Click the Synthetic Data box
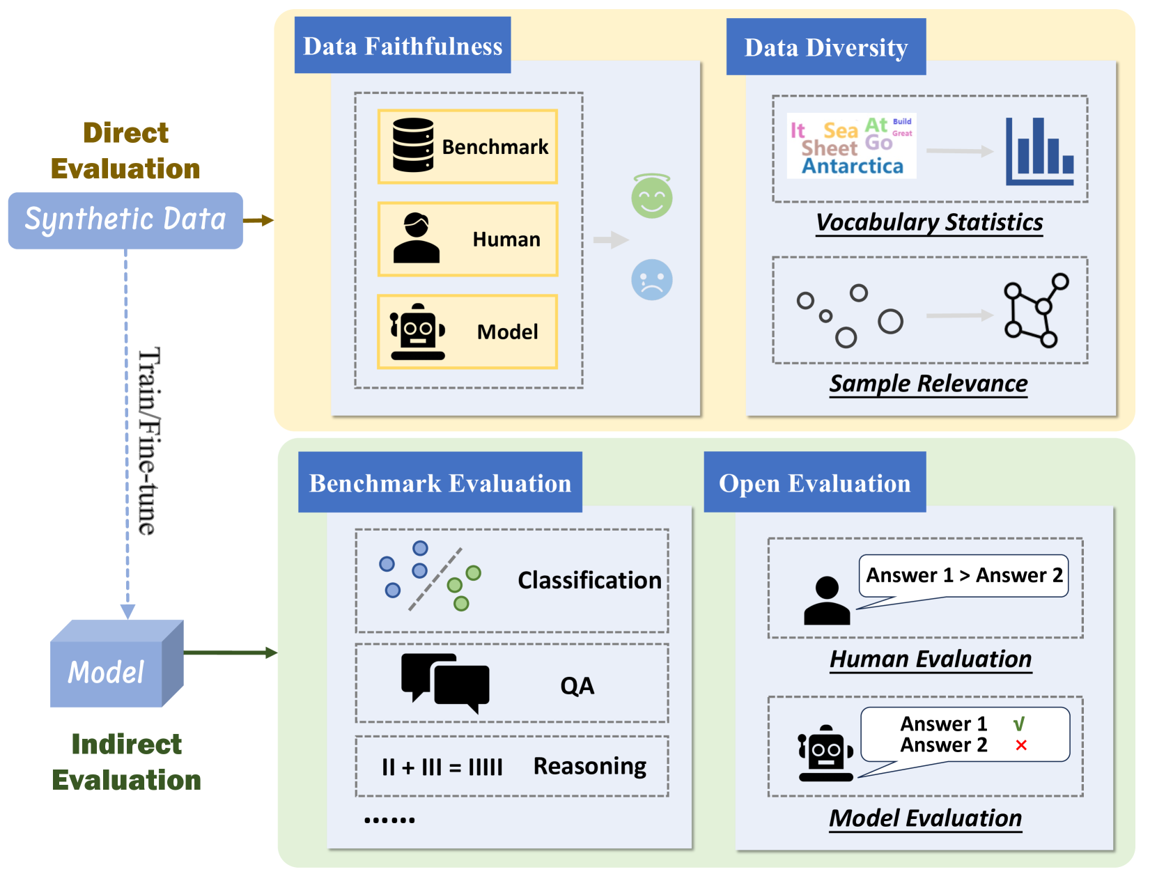tap(125, 220)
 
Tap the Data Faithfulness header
tap(403, 46)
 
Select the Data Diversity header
tap(825, 47)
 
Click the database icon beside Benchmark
tap(413, 145)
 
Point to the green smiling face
tap(651, 197)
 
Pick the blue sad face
tap(651, 280)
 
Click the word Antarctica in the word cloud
tap(852, 166)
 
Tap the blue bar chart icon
tap(1039, 151)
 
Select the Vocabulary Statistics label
tap(929, 222)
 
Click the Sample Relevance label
tap(929, 384)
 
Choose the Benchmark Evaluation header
tap(440, 483)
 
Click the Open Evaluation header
tap(814, 483)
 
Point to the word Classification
tap(589, 580)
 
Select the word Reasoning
tap(589, 766)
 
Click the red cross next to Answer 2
tap(1021, 745)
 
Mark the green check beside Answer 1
tap(1019, 724)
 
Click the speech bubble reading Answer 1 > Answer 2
tap(963, 576)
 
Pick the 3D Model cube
tap(115, 665)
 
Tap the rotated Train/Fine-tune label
tap(148, 441)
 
